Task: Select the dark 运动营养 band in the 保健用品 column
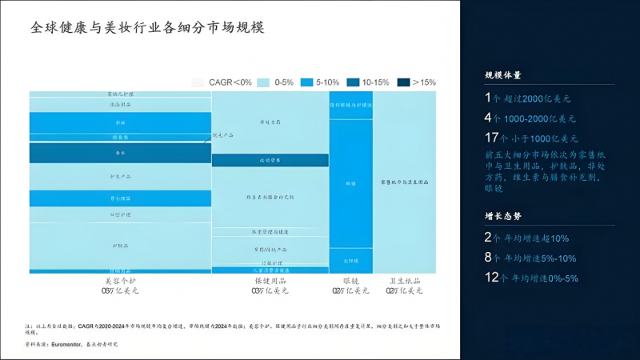[x=270, y=160]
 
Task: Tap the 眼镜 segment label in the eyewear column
[x=350, y=183]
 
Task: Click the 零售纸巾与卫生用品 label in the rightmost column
[x=406, y=183]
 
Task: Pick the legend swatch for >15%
[x=403, y=82]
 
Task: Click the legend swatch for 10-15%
[x=353, y=82]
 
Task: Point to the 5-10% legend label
[x=328, y=82]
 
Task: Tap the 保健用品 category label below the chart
[x=270, y=281]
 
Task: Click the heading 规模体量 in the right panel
[x=503, y=75]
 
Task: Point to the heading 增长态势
[x=503, y=216]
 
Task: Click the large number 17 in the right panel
[x=491, y=138]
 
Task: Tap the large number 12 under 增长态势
[x=491, y=278]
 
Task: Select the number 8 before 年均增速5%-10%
[x=488, y=258]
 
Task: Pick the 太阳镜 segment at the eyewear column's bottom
[x=350, y=260]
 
